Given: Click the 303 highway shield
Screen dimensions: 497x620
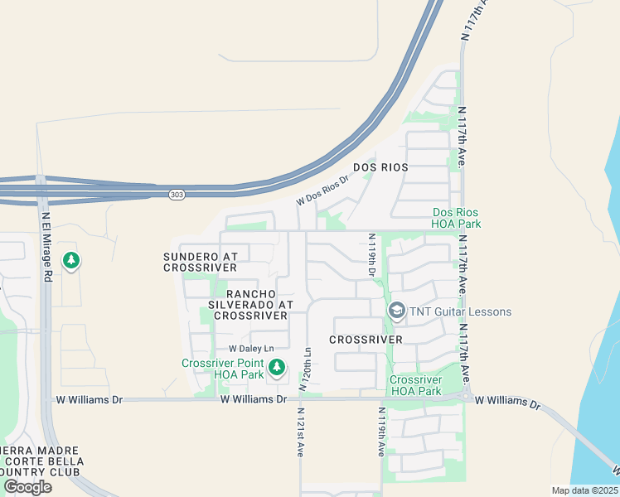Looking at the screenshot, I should point(176,195).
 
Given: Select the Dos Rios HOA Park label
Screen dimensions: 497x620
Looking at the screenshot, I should point(456,218).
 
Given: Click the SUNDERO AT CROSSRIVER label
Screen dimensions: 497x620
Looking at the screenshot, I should point(200,263).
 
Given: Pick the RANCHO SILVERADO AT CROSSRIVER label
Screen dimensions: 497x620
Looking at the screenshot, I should point(250,305).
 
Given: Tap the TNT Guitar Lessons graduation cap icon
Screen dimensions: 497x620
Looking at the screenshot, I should point(396,311).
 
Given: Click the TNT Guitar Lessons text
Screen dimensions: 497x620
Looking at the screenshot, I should point(460,312).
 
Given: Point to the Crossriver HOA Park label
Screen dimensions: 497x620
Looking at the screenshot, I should point(415,385).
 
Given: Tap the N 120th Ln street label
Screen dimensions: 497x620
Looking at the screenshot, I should point(308,364).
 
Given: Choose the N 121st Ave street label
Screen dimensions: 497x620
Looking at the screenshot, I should point(300,432).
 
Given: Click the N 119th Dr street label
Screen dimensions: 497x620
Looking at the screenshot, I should point(372,254).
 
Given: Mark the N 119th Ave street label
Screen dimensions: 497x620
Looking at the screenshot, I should point(381,432).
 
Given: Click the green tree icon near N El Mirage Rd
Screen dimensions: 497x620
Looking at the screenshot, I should point(71,261).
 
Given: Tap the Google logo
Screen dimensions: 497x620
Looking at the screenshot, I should point(27,487).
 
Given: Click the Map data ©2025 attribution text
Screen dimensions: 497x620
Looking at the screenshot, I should point(584,490).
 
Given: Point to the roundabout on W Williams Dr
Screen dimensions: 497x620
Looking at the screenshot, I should point(468,397).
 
